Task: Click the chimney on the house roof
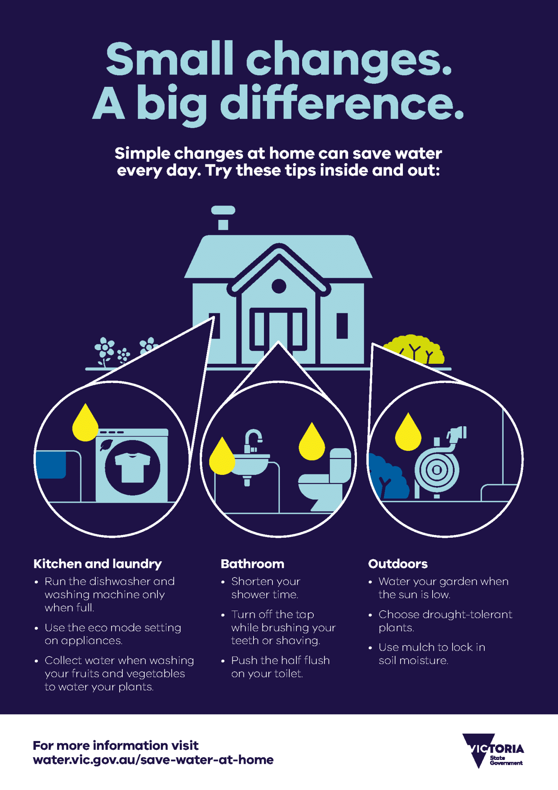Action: [223, 218]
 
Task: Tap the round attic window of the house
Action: [279, 286]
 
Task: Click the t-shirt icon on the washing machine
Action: [132, 467]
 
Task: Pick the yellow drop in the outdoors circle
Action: [408, 432]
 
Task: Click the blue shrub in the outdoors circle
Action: [387, 477]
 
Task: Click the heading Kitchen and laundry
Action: [98, 564]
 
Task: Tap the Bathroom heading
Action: [252, 564]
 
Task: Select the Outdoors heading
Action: [398, 564]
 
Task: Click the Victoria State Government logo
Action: [493, 751]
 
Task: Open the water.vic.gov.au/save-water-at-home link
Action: [153, 760]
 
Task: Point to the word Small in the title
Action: [170, 59]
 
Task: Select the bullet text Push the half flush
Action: [281, 660]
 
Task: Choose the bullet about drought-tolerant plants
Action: [445, 621]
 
